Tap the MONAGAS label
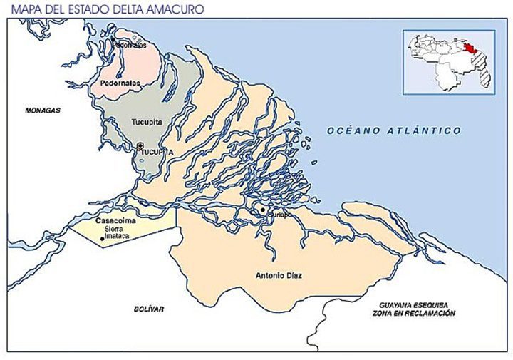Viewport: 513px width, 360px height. pyautogui.click(x=42, y=110)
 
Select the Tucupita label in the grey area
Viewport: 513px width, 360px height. pyautogui.click(x=147, y=122)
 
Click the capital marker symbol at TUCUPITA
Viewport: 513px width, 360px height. pyautogui.click(x=140, y=145)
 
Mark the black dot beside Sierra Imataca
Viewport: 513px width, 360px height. pyautogui.click(x=102, y=238)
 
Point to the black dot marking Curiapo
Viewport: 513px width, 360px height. pyautogui.click(x=263, y=210)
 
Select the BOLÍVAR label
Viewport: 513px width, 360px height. pyautogui.click(x=149, y=309)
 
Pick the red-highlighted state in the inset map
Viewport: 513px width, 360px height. pyautogui.click(x=471, y=49)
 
